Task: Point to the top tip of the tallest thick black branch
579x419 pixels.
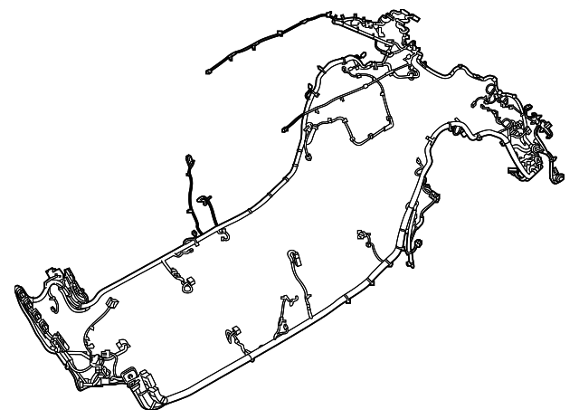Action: (189, 156)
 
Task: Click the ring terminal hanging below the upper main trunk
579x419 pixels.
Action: (187, 290)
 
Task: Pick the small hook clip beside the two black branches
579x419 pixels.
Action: (223, 237)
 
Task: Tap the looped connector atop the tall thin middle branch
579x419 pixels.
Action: (292, 255)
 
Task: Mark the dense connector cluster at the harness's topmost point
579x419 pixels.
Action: (399, 19)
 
